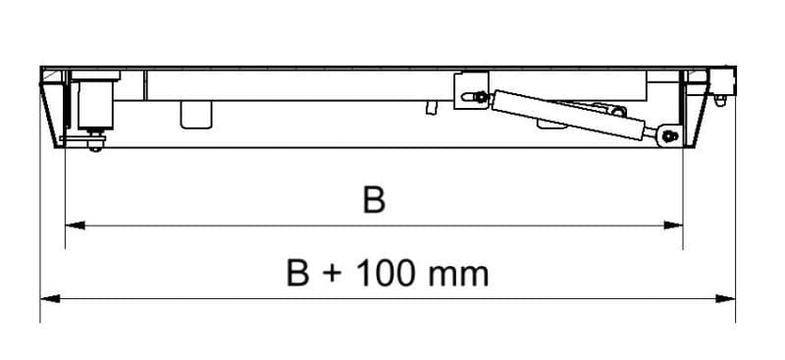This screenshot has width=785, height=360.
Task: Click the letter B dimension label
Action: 373,200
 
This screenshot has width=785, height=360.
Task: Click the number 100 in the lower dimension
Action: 387,272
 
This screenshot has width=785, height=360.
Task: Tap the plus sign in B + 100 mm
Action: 334,274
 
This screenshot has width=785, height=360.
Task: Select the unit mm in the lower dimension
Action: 458,274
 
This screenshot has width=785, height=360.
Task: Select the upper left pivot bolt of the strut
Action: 479,95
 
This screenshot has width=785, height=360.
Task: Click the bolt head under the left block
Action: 94,145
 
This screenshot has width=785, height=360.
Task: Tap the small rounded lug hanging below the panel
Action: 195,113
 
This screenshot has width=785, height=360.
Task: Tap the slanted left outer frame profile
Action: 49,108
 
